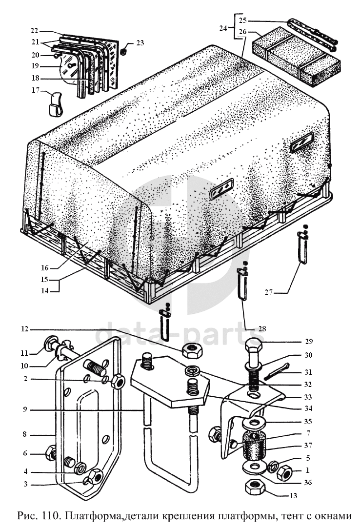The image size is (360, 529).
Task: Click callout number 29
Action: tap(309, 342)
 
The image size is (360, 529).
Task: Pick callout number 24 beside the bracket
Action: tap(223, 28)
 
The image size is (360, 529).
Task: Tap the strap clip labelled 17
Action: tap(55, 103)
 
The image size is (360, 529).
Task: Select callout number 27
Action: tap(269, 292)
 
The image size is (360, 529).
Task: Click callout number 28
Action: tap(262, 328)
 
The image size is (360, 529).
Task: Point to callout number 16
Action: tap(45, 268)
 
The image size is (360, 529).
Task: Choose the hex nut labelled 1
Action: tap(285, 473)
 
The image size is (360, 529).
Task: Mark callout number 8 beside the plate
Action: tap(24, 434)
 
